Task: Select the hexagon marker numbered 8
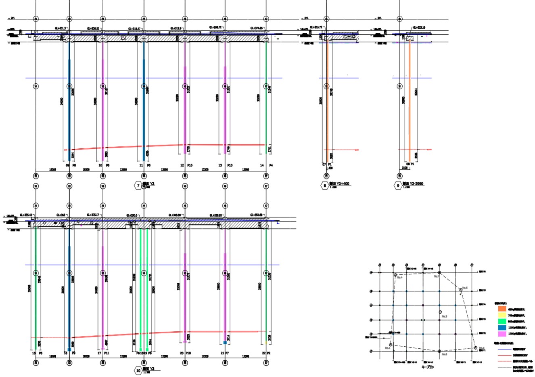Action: tap(324, 185)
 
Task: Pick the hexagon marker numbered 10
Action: tap(138, 370)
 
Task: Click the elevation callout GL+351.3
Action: tap(61, 28)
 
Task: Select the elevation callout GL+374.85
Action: tap(257, 28)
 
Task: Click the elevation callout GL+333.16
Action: tap(418, 27)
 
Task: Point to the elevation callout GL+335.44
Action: tap(25, 215)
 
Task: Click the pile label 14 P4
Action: tap(266, 165)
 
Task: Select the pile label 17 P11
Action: tap(104, 353)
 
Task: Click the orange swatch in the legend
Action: tap(502, 309)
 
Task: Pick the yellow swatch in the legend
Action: tap(502, 315)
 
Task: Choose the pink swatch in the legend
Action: tap(502, 334)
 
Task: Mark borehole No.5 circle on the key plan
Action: tap(460, 289)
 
